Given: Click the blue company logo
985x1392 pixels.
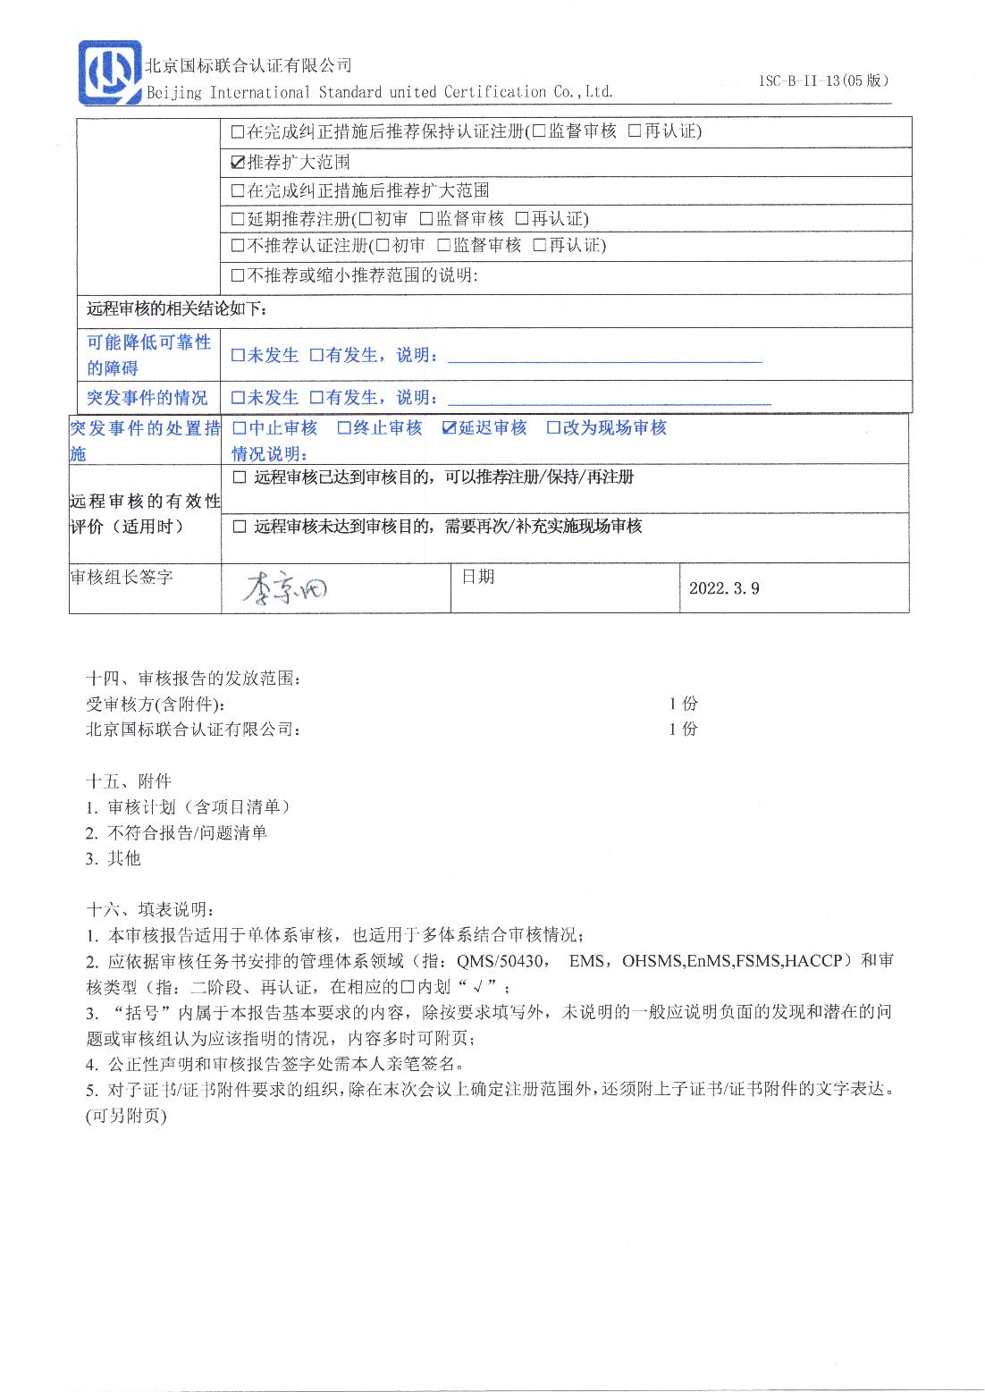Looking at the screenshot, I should point(109,73).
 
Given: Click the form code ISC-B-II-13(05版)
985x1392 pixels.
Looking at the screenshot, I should point(823,80).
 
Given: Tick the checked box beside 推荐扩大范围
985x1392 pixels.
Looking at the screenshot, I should point(238,163).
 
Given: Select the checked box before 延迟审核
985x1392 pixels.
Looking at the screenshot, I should point(450,428).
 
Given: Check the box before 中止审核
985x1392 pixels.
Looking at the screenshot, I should point(240,428).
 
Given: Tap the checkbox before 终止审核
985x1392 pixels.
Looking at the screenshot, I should point(344,428).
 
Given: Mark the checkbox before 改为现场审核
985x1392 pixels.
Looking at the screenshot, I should point(553,428).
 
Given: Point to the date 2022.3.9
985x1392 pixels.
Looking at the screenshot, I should point(724,588).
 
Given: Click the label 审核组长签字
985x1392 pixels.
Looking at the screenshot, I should point(122,578).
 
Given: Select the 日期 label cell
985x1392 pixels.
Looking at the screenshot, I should point(477,577).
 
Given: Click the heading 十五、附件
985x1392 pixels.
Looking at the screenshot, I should point(128,780).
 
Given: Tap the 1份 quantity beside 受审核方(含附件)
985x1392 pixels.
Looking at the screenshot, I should point(683,704).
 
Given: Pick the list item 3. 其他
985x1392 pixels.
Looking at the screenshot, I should point(114,858).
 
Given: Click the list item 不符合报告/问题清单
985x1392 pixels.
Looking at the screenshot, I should point(187,832).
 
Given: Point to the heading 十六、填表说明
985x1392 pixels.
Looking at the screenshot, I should point(149,910).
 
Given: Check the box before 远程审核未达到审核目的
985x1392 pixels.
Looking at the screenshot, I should point(240,527).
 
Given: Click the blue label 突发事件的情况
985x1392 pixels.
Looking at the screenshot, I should point(147,398).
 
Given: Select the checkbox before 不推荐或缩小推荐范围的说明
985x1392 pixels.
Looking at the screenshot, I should point(238,275).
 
